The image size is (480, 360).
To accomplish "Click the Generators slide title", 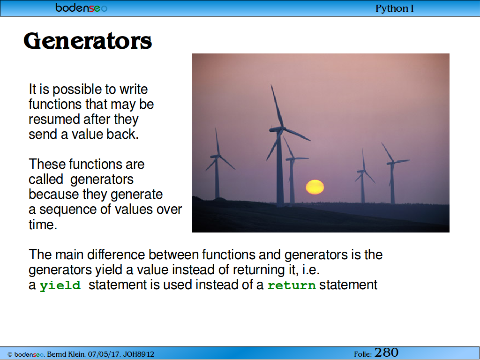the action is [88, 41].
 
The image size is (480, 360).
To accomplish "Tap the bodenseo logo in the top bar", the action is [82, 7].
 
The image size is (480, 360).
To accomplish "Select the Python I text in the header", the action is [395, 8].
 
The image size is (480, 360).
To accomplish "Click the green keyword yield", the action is [60, 285].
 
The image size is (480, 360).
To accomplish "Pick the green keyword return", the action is [292, 285].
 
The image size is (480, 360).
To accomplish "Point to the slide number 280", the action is [386, 352].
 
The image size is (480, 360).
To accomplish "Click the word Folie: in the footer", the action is [363, 354].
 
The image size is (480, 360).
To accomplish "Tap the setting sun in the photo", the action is [315, 187].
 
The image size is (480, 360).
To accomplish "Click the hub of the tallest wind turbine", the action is [279, 129].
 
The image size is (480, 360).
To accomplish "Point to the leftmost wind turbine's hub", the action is [217, 156].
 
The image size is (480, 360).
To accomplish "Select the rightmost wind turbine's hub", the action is [392, 163].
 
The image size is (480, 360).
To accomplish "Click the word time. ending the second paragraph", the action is [43, 225].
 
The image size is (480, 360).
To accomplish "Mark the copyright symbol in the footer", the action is [10, 354].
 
